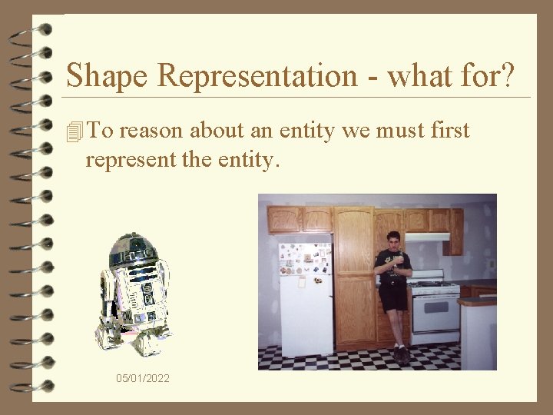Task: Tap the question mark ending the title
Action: [x=508, y=75]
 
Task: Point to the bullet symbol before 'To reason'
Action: [x=74, y=132]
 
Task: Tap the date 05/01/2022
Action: [x=143, y=379]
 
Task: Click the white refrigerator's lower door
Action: [x=305, y=315]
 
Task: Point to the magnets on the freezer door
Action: [x=305, y=259]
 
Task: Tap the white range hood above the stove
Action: [x=427, y=237]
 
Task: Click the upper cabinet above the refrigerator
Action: [x=300, y=220]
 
